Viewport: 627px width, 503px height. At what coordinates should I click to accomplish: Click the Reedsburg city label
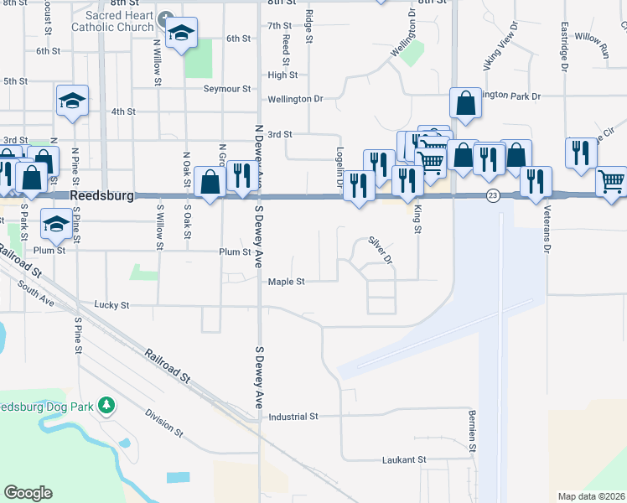102,194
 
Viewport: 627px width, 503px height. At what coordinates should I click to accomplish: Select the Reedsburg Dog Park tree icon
106,407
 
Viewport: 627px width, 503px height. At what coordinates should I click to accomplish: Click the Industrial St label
293,416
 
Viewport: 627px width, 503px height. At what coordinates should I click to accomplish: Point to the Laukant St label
404,459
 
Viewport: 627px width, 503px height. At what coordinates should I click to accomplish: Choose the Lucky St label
112,305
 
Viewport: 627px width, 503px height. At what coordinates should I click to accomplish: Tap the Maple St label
286,282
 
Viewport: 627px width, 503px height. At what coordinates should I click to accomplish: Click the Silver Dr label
381,249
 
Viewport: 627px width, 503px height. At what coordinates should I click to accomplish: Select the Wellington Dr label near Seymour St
295,99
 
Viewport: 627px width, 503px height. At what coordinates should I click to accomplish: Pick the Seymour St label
226,88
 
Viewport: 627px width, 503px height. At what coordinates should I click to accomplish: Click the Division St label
163,423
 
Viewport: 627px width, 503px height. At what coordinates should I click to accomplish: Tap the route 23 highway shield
493,194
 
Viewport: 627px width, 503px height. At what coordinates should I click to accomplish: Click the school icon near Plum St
56,223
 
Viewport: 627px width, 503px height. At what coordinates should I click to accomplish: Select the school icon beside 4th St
73,101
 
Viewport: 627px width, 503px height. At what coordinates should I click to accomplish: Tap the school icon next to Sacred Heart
181,33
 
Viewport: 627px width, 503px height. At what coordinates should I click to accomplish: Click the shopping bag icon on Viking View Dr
465,104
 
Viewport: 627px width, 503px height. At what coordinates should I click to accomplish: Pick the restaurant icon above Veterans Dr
535,180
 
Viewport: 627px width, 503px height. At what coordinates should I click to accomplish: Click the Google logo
28,492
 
